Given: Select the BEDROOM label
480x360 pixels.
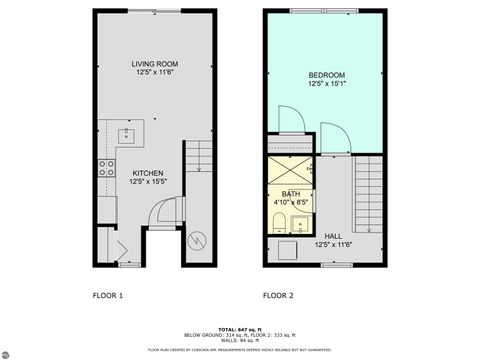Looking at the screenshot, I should click(x=327, y=75).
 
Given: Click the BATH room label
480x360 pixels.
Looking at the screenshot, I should click(x=290, y=194).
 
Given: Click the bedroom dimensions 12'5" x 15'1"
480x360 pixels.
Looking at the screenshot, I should click(x=327, y=84).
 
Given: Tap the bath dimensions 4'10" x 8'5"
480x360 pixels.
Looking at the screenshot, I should click(x=290, y=202).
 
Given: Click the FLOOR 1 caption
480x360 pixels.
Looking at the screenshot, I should click(x=107, y=296).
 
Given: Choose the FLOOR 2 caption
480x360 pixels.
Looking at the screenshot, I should click(x=278, y=296).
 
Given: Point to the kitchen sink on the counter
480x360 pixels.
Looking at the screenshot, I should click(x=128, y=134).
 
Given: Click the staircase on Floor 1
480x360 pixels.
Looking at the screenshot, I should click(x=198, y=159).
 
